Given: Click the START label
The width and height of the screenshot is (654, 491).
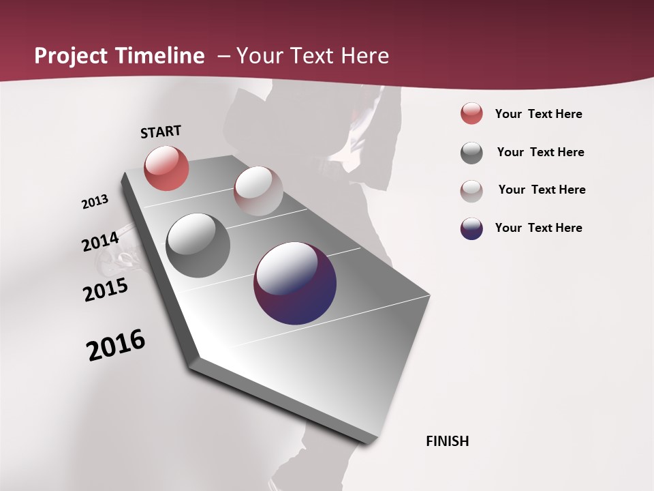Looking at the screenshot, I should tap(161, 132).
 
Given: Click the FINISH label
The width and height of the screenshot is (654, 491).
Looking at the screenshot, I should tap(447, 441).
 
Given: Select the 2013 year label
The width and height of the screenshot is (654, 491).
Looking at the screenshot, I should tap(95, 202).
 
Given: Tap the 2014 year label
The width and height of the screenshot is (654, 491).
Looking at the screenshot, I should tap(100, 242).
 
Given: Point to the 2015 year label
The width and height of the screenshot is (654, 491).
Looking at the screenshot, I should tap(106, 290).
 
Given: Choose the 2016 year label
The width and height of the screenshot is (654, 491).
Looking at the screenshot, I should tap(116, 345).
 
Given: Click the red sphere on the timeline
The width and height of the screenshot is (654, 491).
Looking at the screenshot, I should tap(166, 168).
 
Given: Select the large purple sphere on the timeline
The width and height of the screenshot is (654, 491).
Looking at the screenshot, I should tap(295, 283).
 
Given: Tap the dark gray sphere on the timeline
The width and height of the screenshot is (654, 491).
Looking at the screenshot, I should tap(198, 245).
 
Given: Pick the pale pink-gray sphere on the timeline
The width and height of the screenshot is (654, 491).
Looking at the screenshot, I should tap(258, 191).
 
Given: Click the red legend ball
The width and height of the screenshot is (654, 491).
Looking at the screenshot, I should tap(471, 114).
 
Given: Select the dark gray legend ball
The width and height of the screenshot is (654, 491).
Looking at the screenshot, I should tap(471, 153).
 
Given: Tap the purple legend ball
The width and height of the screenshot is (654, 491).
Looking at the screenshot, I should tap(471, 228).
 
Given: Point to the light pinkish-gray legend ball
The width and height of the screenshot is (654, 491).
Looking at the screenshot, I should tap(471, 191).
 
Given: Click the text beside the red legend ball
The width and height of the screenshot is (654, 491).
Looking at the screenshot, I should tap(538, 114).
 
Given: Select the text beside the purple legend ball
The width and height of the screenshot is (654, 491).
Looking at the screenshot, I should tap(538, 228).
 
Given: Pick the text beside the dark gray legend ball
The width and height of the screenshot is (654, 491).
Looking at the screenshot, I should tap(540, 152).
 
